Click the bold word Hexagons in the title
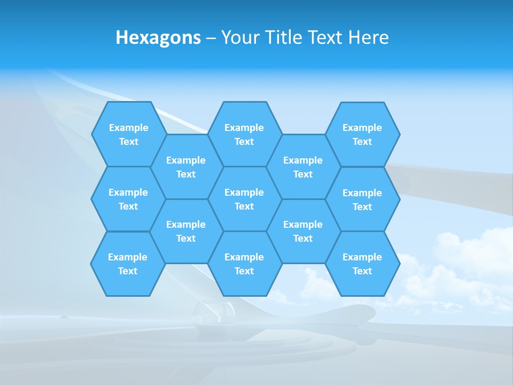click(x=158, y=37)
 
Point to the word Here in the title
click(x=369, y=37)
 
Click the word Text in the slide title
click(x=325, y=37)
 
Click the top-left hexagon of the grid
click(x=128, y=134)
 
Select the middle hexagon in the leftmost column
click(x=128, y=199)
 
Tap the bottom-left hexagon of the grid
click(x=128, y=264)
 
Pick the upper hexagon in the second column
click(x=186, y=167)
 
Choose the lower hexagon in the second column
click(x=186, y=231)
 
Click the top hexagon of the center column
click(x=244, y=134)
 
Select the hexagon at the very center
click(x=244, y=199)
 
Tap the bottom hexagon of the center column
click(x=244, y=264)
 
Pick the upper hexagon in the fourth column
click(x=303, y=167)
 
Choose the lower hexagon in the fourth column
click(x=303, y=231)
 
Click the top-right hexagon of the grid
click(x=362, y=134)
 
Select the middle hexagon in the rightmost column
click(x=362, y=199)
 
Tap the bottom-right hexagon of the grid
click(x=362, y=264)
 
